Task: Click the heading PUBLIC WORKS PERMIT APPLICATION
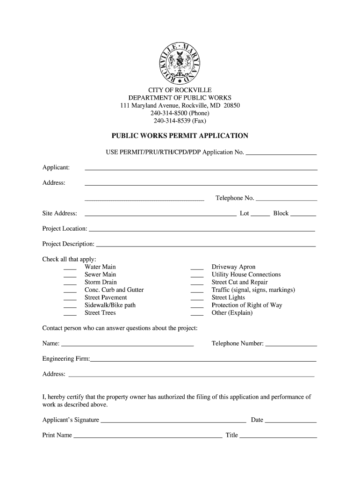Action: [180, 136]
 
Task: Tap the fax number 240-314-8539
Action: [180, 121]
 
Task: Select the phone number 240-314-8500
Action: [180, 113]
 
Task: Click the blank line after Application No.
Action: [281, 153]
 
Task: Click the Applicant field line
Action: [201, 168]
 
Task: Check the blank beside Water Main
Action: [70, 268]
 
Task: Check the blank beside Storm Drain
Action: [70, 283]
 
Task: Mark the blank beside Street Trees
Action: [70, 314]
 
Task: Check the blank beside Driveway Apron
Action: [197, 268]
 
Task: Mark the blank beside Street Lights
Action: [197, 298]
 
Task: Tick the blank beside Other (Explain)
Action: [197, 314]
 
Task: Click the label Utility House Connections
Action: [246, 275]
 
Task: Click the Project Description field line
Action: [206, 245]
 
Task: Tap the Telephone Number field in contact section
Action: [291, 345]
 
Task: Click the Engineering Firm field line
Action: [203, 360]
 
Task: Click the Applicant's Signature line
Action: [173, 421]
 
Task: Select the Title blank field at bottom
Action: [278, 436]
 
